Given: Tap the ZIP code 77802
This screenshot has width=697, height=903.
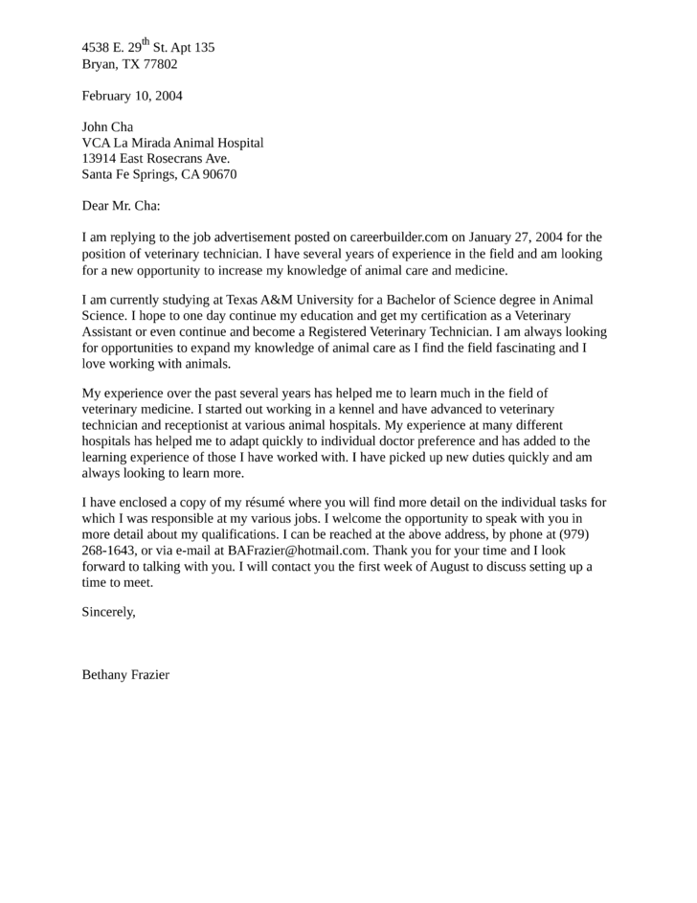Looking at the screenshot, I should (x=160, y=64).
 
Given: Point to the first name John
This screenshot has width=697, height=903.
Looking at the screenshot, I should (x=96, y=127).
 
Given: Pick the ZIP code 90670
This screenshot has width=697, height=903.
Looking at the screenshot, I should (x=217, y=174).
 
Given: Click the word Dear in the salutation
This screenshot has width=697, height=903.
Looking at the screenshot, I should (x=97, y=205).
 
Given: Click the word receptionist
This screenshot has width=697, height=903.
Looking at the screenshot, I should (x=187, y=425).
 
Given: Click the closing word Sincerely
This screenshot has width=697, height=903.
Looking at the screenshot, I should (x=108, y=612).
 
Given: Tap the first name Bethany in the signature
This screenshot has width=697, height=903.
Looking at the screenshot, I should (x=105, y=674).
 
